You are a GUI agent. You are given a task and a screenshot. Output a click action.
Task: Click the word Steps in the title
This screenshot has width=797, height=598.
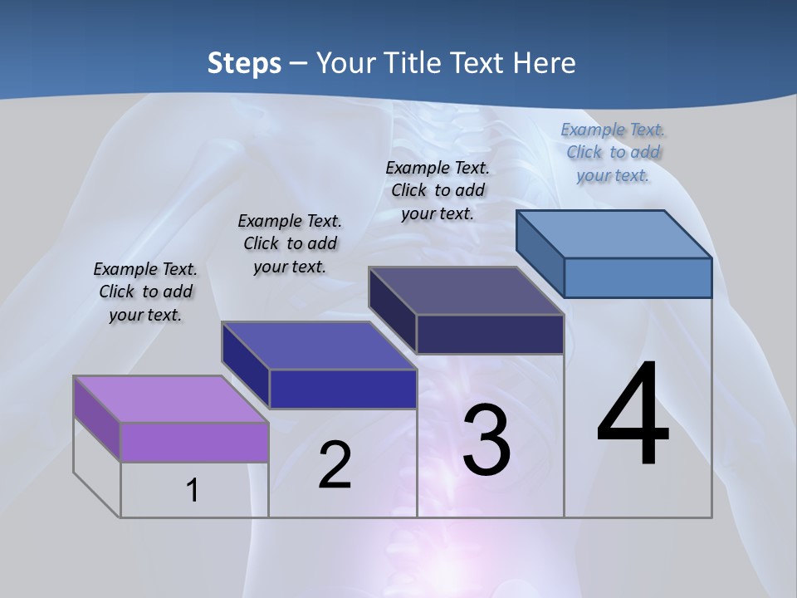244,63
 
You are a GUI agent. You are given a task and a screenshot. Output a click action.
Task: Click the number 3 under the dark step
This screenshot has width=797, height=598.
487,440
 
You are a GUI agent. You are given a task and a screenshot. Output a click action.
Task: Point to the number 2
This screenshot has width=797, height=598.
335,465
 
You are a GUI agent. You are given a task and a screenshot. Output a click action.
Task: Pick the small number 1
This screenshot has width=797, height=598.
193,490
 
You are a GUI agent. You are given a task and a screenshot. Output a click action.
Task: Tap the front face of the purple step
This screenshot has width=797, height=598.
194,442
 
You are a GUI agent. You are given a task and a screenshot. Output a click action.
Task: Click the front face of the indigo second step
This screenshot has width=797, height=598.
343,389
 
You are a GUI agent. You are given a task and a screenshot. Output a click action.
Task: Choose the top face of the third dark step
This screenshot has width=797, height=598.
465,291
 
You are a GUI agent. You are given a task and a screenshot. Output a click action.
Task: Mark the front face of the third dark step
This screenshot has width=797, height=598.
490,334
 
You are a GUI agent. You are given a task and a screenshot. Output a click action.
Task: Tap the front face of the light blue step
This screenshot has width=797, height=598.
638,277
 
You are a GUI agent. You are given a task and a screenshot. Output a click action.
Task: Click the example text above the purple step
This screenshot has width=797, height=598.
145,292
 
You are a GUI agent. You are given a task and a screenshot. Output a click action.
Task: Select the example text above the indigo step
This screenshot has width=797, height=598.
290,244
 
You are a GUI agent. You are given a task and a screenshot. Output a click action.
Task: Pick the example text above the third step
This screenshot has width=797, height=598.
438,191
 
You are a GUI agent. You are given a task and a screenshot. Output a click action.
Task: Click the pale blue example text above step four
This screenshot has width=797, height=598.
613,153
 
